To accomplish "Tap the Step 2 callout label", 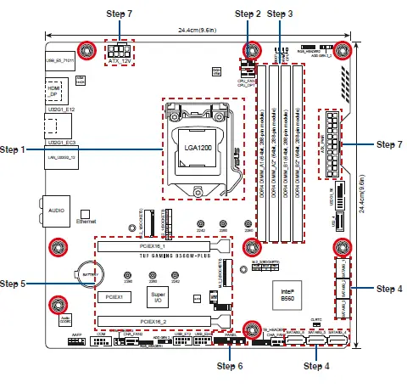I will click(248, 14).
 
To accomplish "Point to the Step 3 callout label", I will click(280, 14).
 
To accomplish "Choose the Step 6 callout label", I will click(230, 366).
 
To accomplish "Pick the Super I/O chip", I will click(159, 297).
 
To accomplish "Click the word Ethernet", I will click(86, 220).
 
